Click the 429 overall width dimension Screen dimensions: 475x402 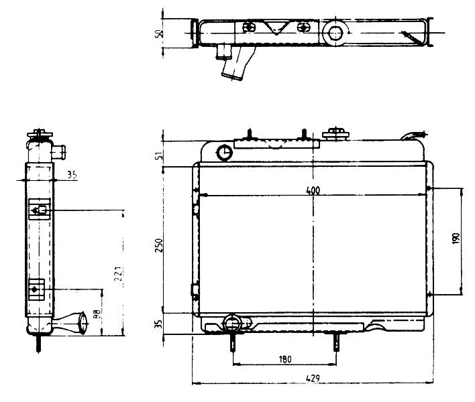pos(313,379)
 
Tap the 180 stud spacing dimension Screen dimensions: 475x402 pos(285,359)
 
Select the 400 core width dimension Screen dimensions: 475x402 pos(313,190)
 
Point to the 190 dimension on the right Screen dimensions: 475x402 pos(456,239)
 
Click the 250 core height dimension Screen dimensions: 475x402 pos(159,245)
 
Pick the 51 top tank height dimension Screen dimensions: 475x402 pos(159,156)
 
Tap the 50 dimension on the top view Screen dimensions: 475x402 pos(159,33)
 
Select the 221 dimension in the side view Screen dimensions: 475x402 pos(119,274)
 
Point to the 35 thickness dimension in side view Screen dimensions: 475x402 pos(72,175)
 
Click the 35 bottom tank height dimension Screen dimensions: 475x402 pos(159,324)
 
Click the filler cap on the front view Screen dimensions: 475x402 pos(335,134)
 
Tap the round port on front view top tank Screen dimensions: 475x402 pos(225,153)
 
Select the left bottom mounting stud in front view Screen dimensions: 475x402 pos(233,342)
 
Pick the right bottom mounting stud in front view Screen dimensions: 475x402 pos(336,342)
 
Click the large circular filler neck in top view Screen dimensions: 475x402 pos(335,32)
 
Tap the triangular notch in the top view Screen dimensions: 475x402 pos(276,28)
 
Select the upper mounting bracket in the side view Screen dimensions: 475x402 pos(40,209)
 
